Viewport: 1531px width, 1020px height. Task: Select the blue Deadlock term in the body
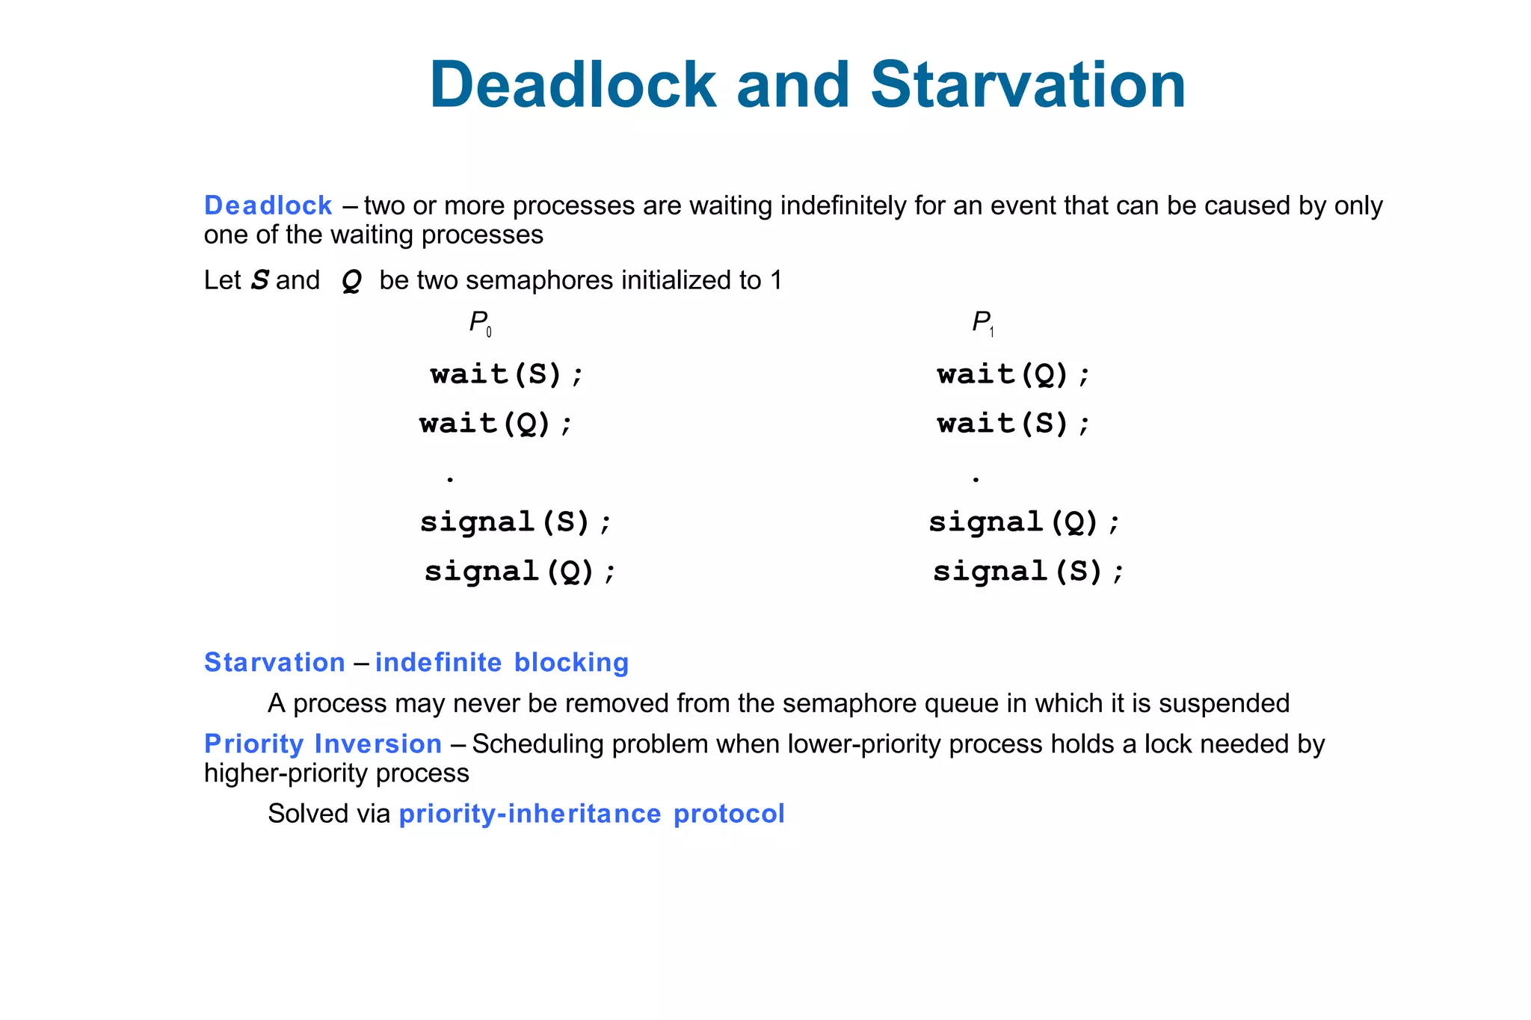pos(268,205)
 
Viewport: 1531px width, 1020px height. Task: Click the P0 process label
pos(480,323)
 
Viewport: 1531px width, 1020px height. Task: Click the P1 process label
pos(982,323)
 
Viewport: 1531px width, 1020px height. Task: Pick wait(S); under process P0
pos(507,374)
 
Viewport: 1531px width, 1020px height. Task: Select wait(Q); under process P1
pos(1014,374)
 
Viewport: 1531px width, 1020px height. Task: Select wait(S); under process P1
pos(1014,424)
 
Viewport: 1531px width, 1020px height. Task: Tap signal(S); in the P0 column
pos(516,522)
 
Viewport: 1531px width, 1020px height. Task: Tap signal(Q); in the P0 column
pos(520,572)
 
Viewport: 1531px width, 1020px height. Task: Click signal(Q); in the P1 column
pos(1024,522)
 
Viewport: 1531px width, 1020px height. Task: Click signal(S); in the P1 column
pos(1029,572)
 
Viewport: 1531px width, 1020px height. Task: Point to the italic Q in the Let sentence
pos(351,281)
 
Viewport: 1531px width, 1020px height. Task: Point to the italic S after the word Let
pos(259,280)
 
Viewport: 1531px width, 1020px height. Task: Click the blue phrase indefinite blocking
pos(502,663)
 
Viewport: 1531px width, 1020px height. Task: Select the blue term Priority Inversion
pos(323,744)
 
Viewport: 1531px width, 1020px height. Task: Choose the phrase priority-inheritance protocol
pos(591,814)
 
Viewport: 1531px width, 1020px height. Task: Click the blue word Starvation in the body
pos(274,663)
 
